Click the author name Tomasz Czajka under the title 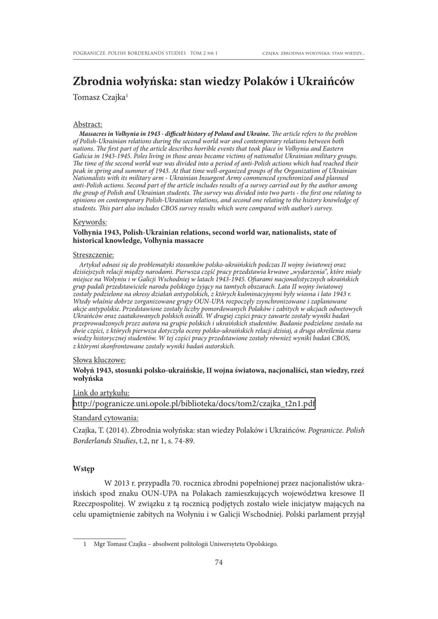[99, 97]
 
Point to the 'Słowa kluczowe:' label [99, 360]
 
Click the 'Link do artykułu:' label [101, 392]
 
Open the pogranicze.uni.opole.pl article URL [195, 404]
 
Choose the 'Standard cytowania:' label [106, 418]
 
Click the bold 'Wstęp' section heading [83, 468]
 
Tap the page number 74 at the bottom [219, 563]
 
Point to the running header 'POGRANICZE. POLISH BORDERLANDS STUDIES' [129, 54]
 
